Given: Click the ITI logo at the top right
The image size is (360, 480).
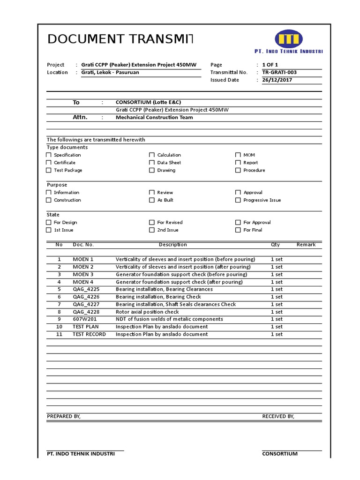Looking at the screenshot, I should (x=289, y=39).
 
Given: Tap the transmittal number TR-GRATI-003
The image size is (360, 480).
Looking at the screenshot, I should (x=279, y=73).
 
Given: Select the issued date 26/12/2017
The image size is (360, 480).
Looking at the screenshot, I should (x=277, y=80).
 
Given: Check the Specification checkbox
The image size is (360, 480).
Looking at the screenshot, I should (x=49, y=155).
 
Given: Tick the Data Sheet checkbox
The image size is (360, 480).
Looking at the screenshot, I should (x=152, y=163).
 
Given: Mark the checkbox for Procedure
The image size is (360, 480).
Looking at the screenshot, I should (x=238, y=170).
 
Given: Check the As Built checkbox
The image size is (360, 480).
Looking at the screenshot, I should (x=152, y=200).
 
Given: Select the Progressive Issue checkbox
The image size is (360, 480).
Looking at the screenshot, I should (x=238, y=200).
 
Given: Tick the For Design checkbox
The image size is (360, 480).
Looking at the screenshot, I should (x=49, y=223).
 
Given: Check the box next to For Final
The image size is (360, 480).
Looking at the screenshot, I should (x=238, y=230).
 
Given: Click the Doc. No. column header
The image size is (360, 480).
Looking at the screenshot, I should (x=83, y=245).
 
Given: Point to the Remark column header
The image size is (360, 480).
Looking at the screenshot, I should (x=306, y=245).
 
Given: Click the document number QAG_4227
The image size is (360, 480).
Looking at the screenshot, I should (x=86, y=304).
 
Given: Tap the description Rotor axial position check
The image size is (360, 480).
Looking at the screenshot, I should (x=147, y=312).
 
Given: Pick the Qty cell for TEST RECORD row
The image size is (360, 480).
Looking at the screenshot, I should (x=277, y=334).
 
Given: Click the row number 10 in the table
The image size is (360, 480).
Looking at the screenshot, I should (x=59, y=327).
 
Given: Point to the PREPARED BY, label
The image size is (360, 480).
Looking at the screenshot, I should (x=64, y=416).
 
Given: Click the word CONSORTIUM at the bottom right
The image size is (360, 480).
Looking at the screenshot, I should (x=280, y=454).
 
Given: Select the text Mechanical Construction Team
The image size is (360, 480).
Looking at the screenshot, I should (x=154, y=118).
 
